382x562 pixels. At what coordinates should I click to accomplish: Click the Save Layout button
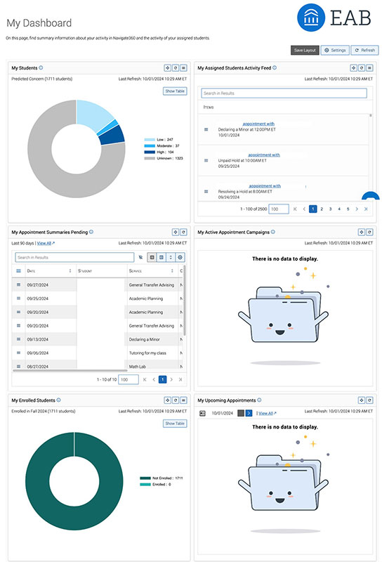point(305,50)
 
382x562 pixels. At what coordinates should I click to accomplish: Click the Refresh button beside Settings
point(364,50)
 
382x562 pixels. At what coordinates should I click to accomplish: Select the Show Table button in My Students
point(175,91)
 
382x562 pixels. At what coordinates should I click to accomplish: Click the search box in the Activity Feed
point(284,93)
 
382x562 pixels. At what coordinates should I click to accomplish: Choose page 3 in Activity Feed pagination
point(330,209)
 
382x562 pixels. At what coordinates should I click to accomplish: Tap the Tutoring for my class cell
point(151,352)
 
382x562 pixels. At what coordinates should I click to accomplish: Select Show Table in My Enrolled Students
point(175,424)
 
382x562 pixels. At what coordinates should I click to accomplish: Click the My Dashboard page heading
point(39,23)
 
